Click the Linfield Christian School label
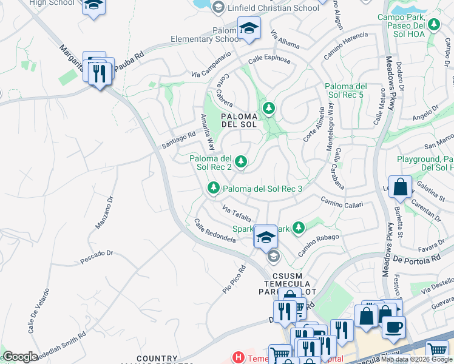272,8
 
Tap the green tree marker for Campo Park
434,25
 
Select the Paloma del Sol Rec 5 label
345,91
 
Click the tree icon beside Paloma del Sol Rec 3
213,189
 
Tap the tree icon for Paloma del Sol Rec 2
242,161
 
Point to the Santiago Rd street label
178,141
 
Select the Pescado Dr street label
97,256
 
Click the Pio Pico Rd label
234,279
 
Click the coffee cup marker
393,326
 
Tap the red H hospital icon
239,358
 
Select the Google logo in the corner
20,357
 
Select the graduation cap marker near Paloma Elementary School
248,28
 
